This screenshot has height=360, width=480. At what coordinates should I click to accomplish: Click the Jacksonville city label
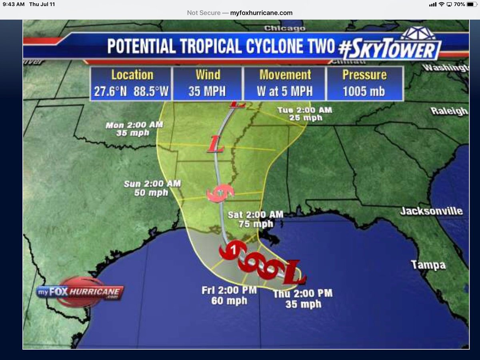[431, 211]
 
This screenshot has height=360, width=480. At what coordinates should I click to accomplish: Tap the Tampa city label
[428, 265]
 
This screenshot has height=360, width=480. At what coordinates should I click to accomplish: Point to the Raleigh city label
[449, 111]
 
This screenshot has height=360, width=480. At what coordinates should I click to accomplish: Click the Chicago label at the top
[284, 28]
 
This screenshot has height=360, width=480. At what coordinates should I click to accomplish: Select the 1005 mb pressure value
[364, 91]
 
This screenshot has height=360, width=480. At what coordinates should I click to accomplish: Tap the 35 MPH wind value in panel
[207, 91]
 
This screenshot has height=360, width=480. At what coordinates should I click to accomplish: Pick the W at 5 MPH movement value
[285, 91]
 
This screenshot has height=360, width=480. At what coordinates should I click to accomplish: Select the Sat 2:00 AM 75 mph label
[255, 219]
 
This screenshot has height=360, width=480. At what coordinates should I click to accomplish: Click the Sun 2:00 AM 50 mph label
[152, 188]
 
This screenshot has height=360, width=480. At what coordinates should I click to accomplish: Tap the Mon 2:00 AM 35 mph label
[134, 129]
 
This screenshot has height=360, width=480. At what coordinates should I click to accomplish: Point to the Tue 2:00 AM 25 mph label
[304, 114]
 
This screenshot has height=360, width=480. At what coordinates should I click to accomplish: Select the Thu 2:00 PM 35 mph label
[303, 299]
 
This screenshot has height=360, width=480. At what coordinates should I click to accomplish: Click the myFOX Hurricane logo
[80, 292]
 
